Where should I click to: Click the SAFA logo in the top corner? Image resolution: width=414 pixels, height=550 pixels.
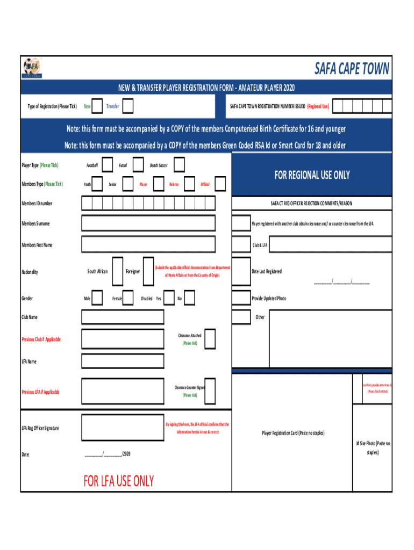pyautogui.click(x=31, y=68)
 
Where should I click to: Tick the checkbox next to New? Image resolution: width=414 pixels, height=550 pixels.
pyautogui.click(x=98, y=106)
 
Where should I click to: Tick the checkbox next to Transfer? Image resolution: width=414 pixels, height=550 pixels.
pyautogui.click(x=128, y=106)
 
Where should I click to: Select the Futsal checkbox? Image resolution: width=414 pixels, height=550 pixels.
pyautogui.click(x=138, y=165)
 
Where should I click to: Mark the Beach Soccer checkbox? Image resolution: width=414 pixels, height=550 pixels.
pyautogui.click(x=180, y=165)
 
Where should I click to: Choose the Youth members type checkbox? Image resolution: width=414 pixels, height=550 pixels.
pyautogui.click(x=98, y=184)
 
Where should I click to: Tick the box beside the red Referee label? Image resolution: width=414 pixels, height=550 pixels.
pyautogui.click(x=188, y=184)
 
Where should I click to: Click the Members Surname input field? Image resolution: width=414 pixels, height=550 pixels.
pyautogui.click(x=148, y=223)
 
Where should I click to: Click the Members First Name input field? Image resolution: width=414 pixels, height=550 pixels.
pyautogui.click(x=148, y=245)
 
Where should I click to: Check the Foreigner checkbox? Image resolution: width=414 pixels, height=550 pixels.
pyautogui.click(x=148, y=272)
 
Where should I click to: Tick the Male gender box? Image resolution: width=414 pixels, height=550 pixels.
pyautogui.click(x=98, y=298)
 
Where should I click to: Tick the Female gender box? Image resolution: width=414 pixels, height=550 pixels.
pyautogui.click(x=128, y=298)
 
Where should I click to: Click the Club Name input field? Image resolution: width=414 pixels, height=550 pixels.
pyautogui.click(x=123, y=317)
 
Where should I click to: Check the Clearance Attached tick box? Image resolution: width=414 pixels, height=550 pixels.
pyautogui.click(x=210, y=339)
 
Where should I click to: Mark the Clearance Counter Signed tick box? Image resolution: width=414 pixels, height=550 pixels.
pyautogui.click(x=210, y=391)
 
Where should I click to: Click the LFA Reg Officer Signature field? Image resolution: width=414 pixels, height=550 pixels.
pyautogui.click(x=122, y=428)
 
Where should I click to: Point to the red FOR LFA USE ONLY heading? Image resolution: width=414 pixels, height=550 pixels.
pyautogui.click(x=119, y=481)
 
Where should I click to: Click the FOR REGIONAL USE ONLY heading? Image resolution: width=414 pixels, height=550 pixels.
pyautogui.click(x=312, y=175)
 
